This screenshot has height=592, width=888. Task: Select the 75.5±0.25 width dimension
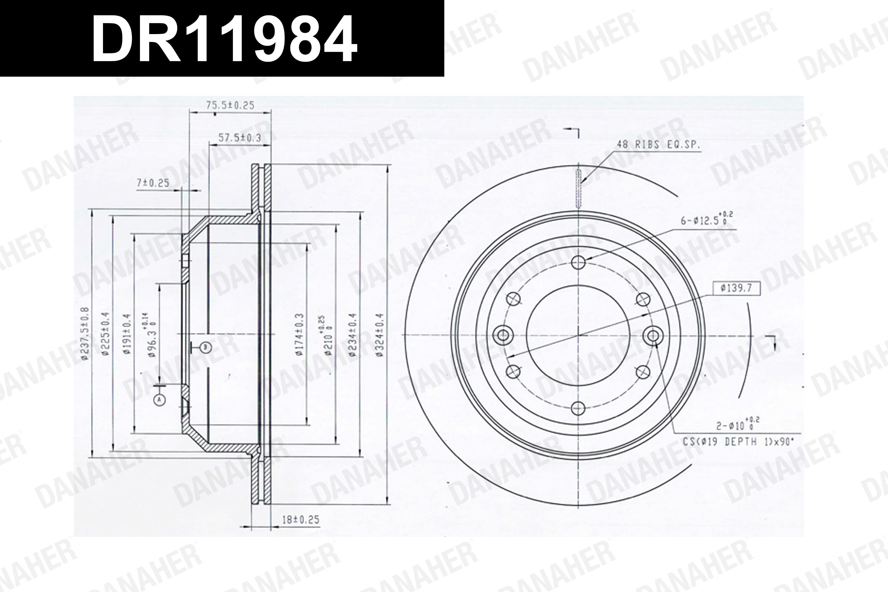pyautogui.click(x=230, y=105)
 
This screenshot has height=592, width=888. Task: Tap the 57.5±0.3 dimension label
pyautogui.click(x=240, y=138)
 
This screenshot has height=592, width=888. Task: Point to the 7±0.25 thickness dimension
pyautogui.click(x=153, y=184)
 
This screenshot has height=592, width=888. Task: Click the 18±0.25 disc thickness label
pyautogui.click(x=300, y=520)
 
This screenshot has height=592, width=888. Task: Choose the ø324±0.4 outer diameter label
pyautogui.click(x=380, y=335)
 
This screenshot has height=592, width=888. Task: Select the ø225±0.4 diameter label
pyautogui.click(x=106, y=334)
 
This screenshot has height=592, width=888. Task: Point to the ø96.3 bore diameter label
pyautogui.click(x=151, y=334)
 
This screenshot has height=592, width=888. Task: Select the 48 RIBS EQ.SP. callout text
pyautogui.click(x=659, y=145)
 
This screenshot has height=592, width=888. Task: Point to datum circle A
pyautogui.click(x=160, y=400)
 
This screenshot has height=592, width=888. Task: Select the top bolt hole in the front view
pyautogui.click(x=578, y=262)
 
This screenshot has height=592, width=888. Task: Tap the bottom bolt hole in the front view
pyautogui.click(x=578, y=408)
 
